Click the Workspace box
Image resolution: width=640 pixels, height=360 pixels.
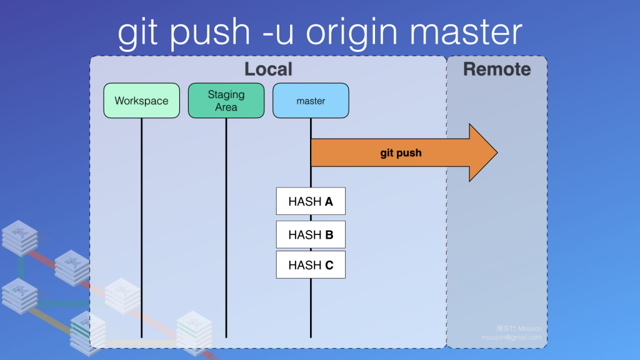pyautogui.click(x=141, y=101)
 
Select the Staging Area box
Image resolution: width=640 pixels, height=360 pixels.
pyautogui.click(x=226, y=101)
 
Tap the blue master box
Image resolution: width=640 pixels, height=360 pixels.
pyautogui.click(x=311, y=101)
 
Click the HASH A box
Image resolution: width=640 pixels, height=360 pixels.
pyautogui.click(x=311, y=201)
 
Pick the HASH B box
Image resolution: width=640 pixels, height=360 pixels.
pyautogui.click(x=311, y=234)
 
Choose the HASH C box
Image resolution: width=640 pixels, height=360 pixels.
pyautogui.click(x=311, y=265)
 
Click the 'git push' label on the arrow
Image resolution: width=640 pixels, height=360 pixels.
pyautogui.click(x=401, y=152)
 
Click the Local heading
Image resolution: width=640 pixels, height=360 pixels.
pyautogui.click(x=268, y=69)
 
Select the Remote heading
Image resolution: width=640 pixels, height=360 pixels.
pyautogui.click(x=497, y=69)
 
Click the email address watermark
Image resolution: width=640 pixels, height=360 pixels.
pyautogui.click(x=511, y=337)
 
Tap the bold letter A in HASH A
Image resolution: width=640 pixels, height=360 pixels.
pyautogui.click(x=329, y=201)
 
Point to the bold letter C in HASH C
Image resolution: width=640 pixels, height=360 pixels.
pyautogui.click(x=329, y=265)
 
